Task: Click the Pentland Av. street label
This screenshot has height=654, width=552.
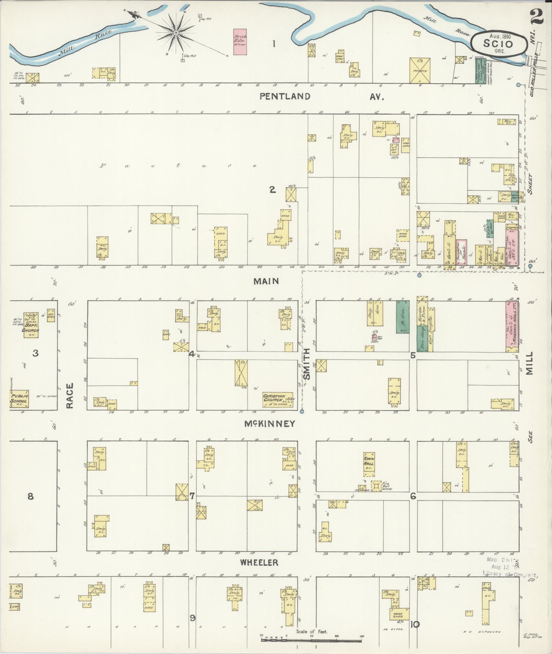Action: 321,96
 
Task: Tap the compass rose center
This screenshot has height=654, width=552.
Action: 176,33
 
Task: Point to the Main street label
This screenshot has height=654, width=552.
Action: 266,281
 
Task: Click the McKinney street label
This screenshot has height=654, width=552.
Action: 269,424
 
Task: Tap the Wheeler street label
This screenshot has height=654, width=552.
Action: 259,562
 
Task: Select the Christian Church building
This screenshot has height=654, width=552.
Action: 278,400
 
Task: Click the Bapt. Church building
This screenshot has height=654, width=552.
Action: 31,325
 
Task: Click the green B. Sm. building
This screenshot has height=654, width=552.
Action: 403,317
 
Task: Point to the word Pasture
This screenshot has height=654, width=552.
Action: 178,166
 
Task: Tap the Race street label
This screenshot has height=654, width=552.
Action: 70,396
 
